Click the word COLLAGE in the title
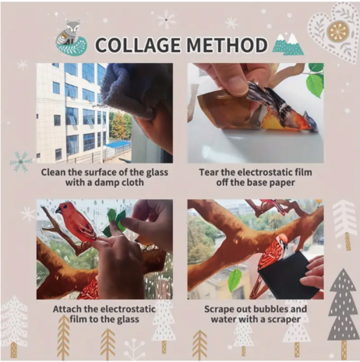pos(139,45)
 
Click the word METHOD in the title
pos(227,45)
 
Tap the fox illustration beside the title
pos(71,38)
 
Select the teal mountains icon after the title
pos(288,44)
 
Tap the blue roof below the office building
pos(119,143)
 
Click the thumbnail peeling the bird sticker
pos(256,113)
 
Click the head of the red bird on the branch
pos(63,208)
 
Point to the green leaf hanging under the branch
pos(235,280)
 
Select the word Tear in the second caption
pos(208,172)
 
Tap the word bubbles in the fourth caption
pos(270,309)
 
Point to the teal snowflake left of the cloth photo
pos(21,162)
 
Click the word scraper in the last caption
pos(284,320)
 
